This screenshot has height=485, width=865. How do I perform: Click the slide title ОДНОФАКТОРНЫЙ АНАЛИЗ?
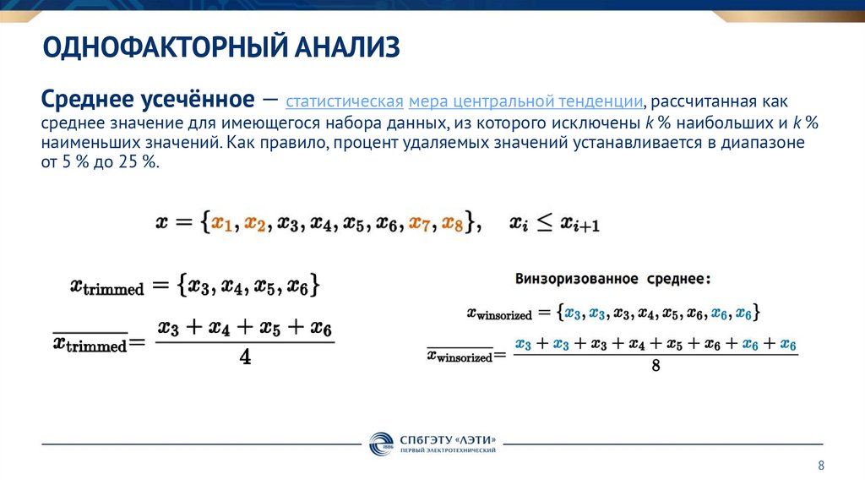point(221,47)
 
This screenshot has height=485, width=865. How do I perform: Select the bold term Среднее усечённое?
point(148,101)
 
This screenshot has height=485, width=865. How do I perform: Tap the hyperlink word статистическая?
point(344,102)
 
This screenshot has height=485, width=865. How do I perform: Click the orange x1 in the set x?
point(222,223)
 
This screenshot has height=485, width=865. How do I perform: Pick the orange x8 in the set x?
point(453,223)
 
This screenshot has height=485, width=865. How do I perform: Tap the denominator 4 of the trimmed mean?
point(245,357)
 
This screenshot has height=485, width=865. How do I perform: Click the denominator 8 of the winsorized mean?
point(656,366)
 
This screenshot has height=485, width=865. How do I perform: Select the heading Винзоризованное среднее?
point(612,278)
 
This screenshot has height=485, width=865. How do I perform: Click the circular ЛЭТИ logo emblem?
point(379,444)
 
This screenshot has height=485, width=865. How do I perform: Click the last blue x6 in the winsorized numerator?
point(787,344)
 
